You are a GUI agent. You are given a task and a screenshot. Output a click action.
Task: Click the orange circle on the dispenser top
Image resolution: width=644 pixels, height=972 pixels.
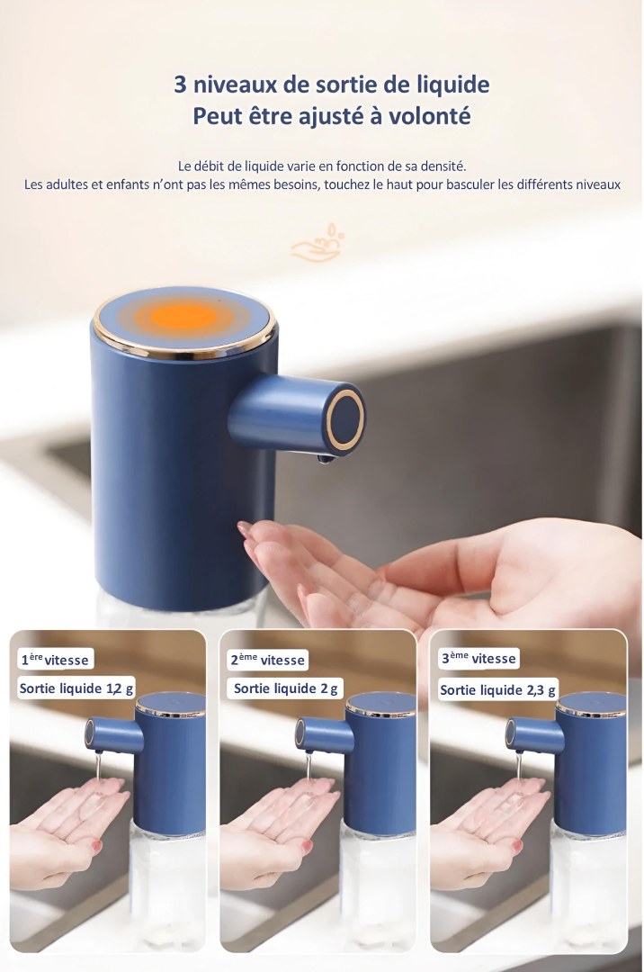pos(183,317)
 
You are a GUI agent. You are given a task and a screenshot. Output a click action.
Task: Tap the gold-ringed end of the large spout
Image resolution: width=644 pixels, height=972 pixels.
pos(345,418)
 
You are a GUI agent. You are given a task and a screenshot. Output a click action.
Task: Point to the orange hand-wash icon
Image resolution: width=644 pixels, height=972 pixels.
pos(317,242)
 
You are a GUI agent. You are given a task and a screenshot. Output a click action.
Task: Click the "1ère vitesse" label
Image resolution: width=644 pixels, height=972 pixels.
pos(55,660)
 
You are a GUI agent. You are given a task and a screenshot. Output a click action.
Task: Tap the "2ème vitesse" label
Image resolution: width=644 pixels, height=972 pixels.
pos(267,660)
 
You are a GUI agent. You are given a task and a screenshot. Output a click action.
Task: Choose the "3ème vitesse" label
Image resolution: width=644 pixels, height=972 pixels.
pos(479,658)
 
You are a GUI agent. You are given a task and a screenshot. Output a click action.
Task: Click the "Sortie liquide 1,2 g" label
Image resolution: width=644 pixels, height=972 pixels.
pos(76,688)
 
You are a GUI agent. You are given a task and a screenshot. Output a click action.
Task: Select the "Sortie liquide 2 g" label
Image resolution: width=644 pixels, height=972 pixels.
pos(285,688)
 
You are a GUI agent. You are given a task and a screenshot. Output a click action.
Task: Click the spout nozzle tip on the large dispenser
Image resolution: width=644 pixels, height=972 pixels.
pos(325,459)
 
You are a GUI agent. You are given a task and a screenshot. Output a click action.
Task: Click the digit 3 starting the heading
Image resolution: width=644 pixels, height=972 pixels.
pos(180,85)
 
